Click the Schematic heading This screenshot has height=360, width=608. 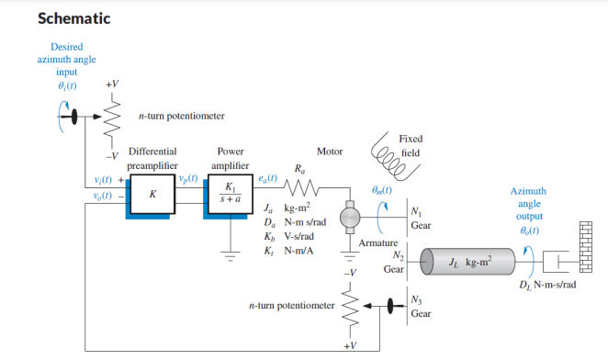(73, 18)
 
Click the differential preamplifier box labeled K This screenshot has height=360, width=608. (152, 195)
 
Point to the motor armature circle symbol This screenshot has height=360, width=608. (350, 217)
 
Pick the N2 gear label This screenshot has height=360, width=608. (399, 254)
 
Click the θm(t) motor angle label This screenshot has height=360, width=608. (379, 190)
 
